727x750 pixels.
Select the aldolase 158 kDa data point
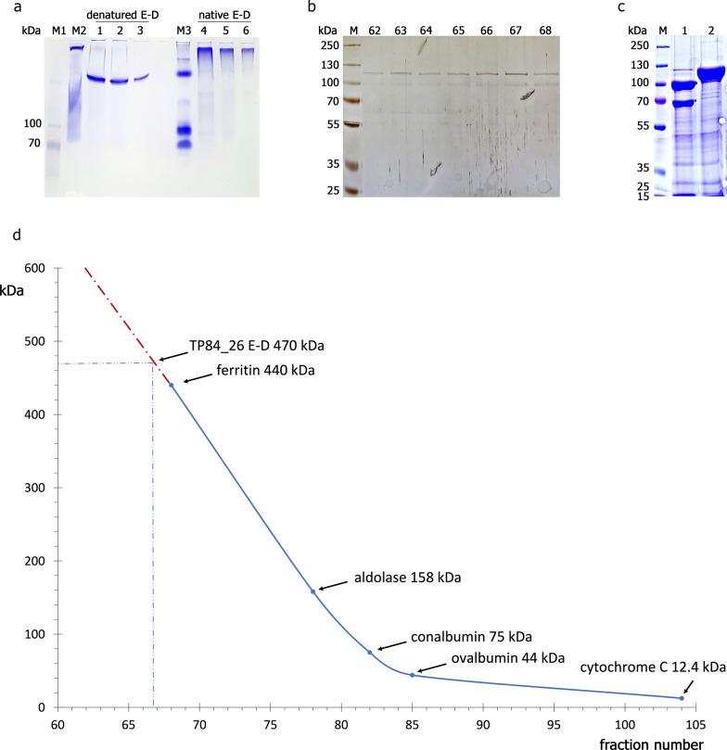click(x=313, y=591)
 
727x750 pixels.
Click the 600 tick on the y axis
click(x=37, y=268)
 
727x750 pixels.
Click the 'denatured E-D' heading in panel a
click(x=119, y=16)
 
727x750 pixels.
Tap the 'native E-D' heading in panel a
click(x=228, y=16)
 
